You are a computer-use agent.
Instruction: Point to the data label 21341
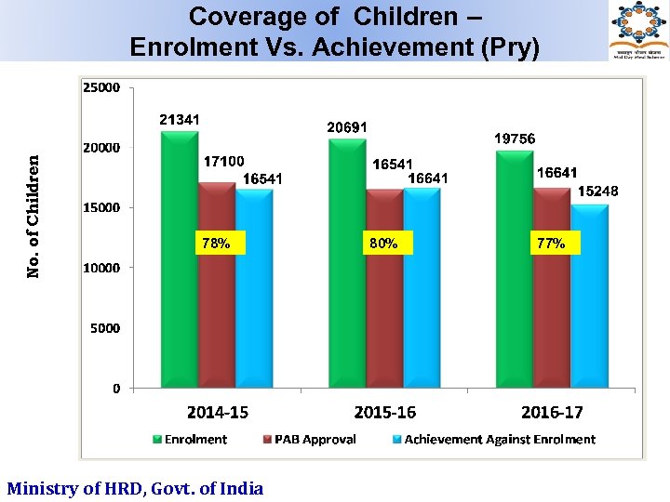179,119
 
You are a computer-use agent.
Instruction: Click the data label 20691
346,126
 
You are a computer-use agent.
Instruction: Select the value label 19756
515,138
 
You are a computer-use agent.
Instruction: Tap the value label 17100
223,161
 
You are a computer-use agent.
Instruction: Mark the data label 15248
597,191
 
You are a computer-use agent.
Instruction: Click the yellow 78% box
216,244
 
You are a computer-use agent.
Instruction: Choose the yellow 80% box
383,244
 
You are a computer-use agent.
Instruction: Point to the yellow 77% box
551,244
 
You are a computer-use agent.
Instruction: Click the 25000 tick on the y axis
101,88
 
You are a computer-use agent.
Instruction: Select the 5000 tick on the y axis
104,328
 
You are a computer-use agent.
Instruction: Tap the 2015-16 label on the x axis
384,412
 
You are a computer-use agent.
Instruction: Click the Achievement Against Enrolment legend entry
492,440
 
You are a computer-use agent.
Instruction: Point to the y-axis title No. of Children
33,216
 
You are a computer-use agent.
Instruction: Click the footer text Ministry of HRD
135,488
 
